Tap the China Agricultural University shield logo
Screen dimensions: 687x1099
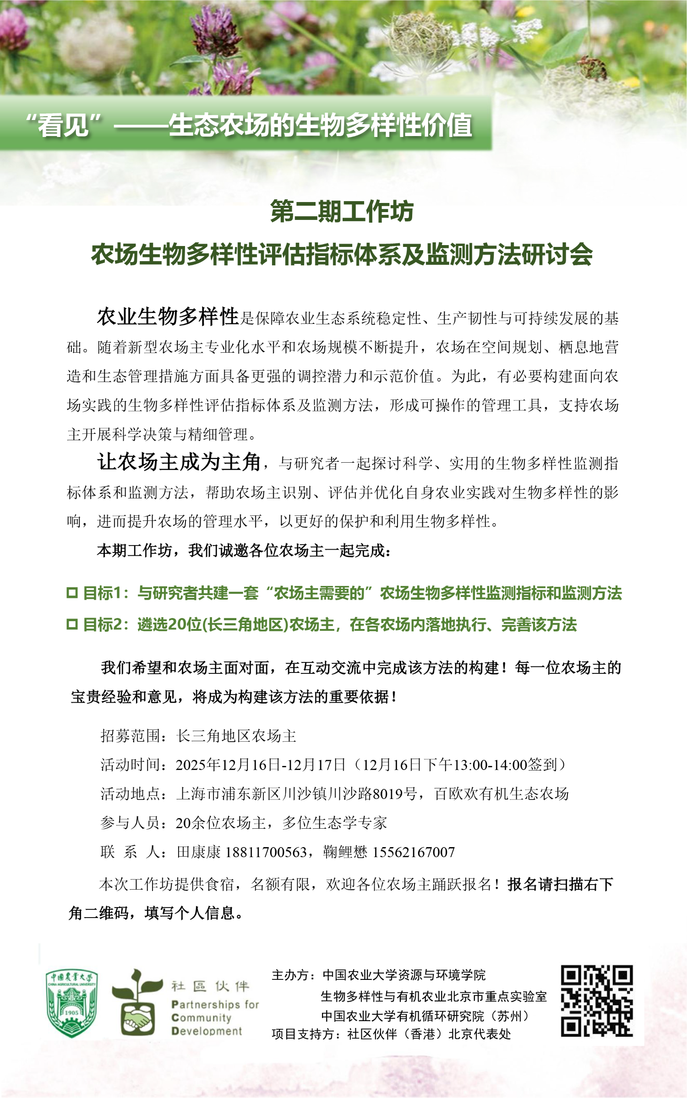pos(71,1003)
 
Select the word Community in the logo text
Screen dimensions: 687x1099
pos(201,1017)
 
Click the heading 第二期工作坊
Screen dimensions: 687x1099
pos(342,212)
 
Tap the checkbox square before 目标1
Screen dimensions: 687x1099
pos(72,593)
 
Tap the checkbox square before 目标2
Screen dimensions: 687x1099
pos(72,624)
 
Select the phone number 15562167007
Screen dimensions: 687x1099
pos(413,852)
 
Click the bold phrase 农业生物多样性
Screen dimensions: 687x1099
pos(168,317)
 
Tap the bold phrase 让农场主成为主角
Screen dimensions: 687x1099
pos(179,462)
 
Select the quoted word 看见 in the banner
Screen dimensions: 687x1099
pos(63,125)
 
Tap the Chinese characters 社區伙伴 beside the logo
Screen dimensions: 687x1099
pos(210,986)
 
